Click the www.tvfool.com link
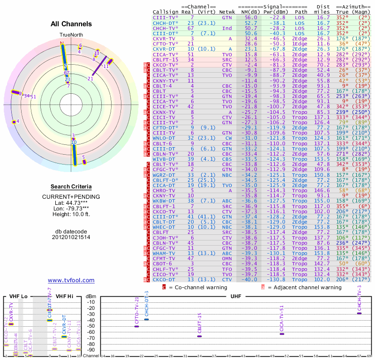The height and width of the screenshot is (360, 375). pos(71,280)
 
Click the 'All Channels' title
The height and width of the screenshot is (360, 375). pos(71,24)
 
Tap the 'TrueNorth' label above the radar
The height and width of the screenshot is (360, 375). pos(71,35)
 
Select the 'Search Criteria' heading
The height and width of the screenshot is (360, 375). pos(71,187)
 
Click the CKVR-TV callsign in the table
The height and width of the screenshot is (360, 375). pos(165,38)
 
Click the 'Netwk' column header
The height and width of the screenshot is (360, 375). pos(227,12)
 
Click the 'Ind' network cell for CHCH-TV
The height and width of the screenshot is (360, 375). pos(227,28)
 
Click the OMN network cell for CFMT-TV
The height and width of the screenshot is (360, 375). pos(227,259)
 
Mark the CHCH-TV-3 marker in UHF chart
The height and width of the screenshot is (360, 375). pos(360,313)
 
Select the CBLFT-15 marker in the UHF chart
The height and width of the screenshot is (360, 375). pos(199,336)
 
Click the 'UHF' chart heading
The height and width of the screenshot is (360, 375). pos(235,296)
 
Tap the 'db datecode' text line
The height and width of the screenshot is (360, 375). pos(71,232)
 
